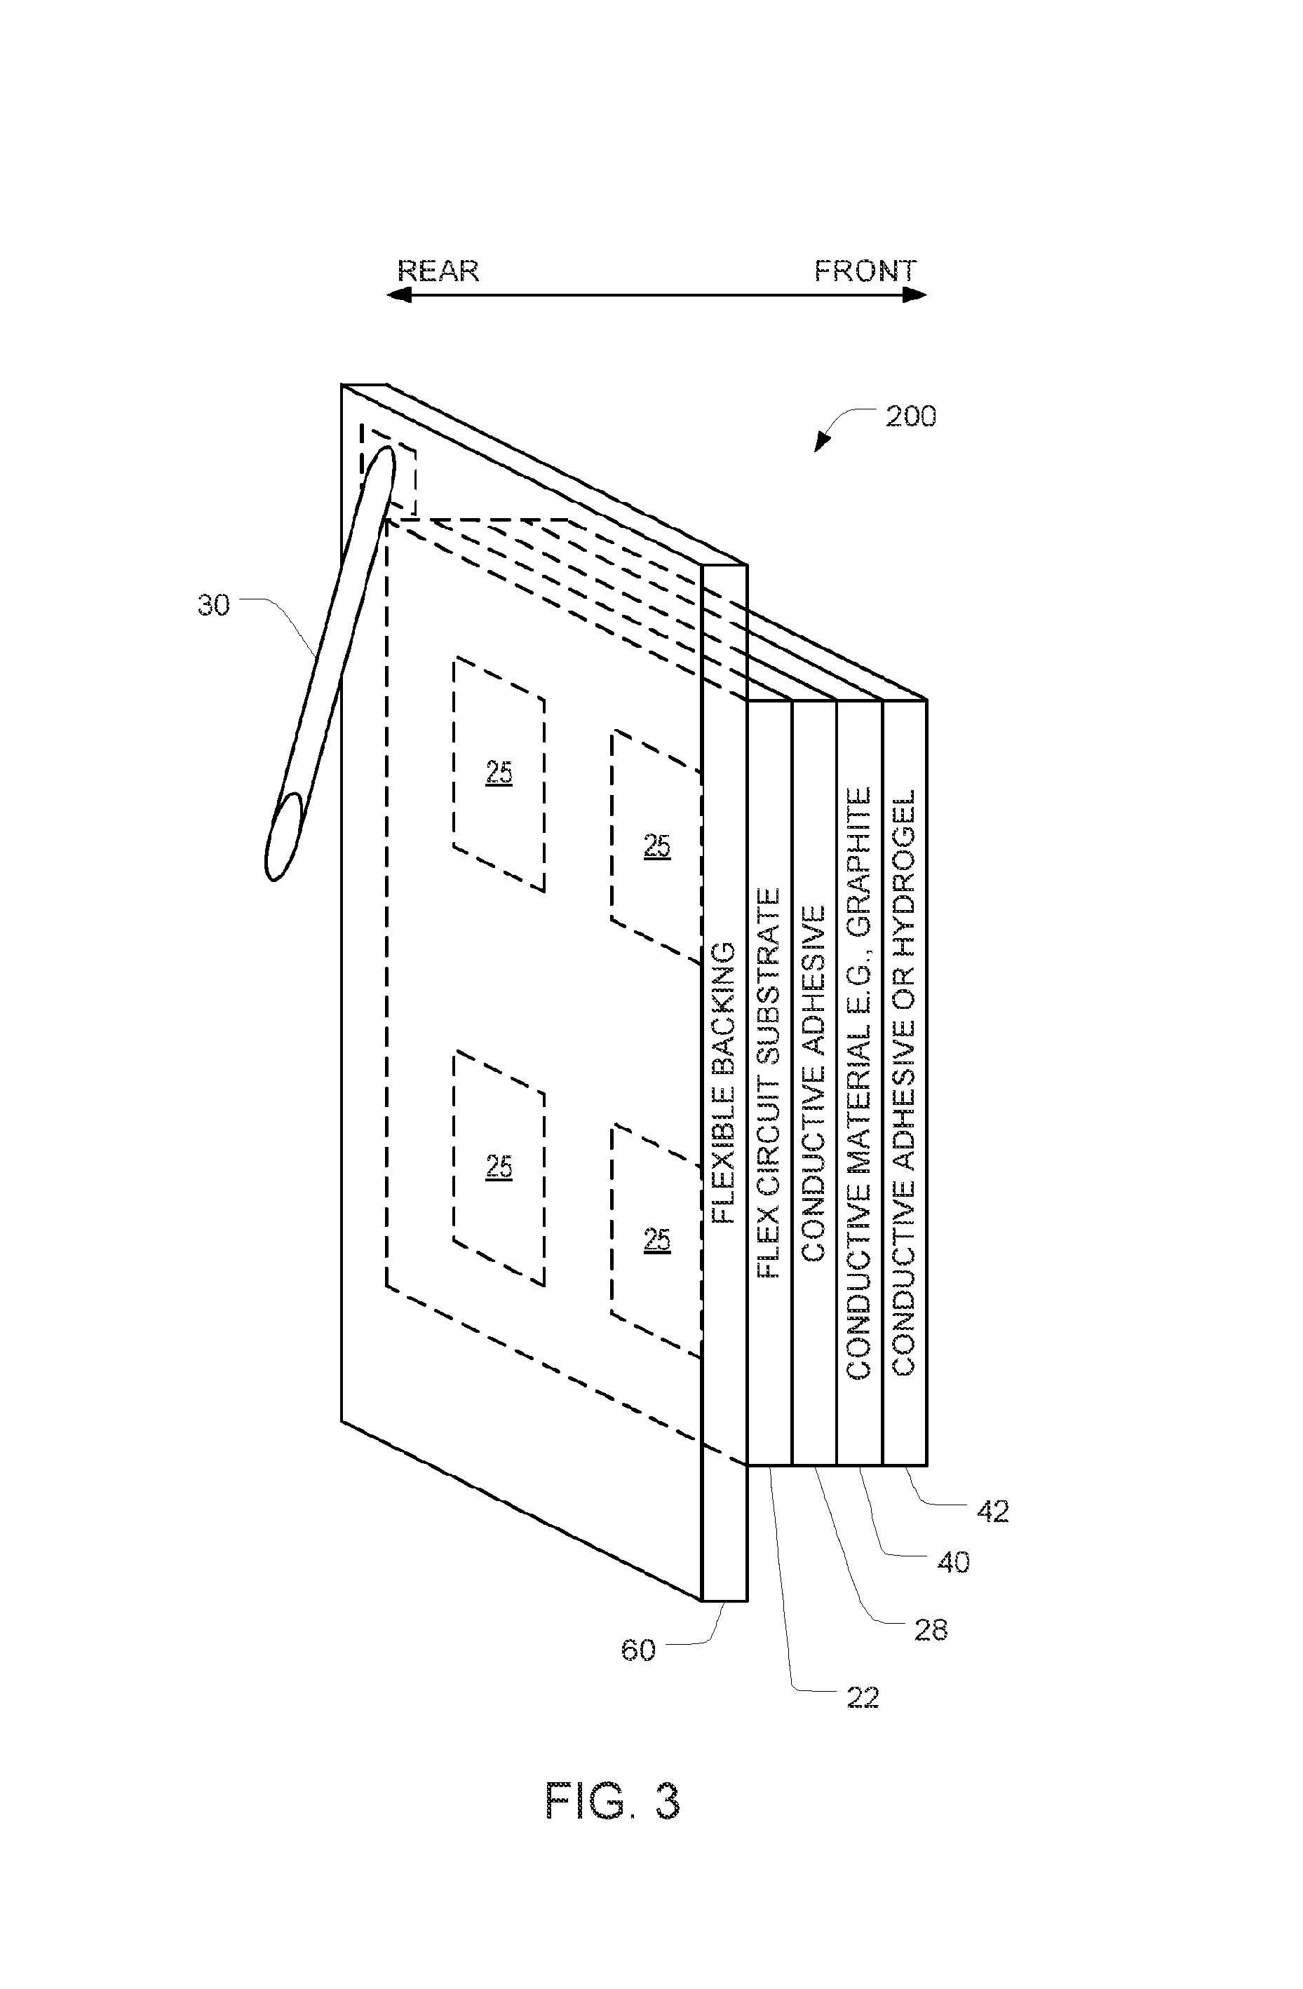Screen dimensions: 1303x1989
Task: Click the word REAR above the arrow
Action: pos(438,271)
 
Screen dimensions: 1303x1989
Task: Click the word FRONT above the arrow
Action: pos(866,271)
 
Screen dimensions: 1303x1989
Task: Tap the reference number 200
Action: pos(911,416)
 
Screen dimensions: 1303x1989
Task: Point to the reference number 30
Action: pos(213,605)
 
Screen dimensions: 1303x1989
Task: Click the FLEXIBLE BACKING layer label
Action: pos(723,1083)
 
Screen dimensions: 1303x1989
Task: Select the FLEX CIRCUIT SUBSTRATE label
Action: pos(768,1083)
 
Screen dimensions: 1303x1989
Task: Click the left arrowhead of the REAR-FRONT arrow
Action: pos(398,295)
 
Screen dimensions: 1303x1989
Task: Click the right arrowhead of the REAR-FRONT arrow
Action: pos(915,295)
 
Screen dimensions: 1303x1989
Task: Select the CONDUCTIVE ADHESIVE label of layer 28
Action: pos(813,1083)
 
